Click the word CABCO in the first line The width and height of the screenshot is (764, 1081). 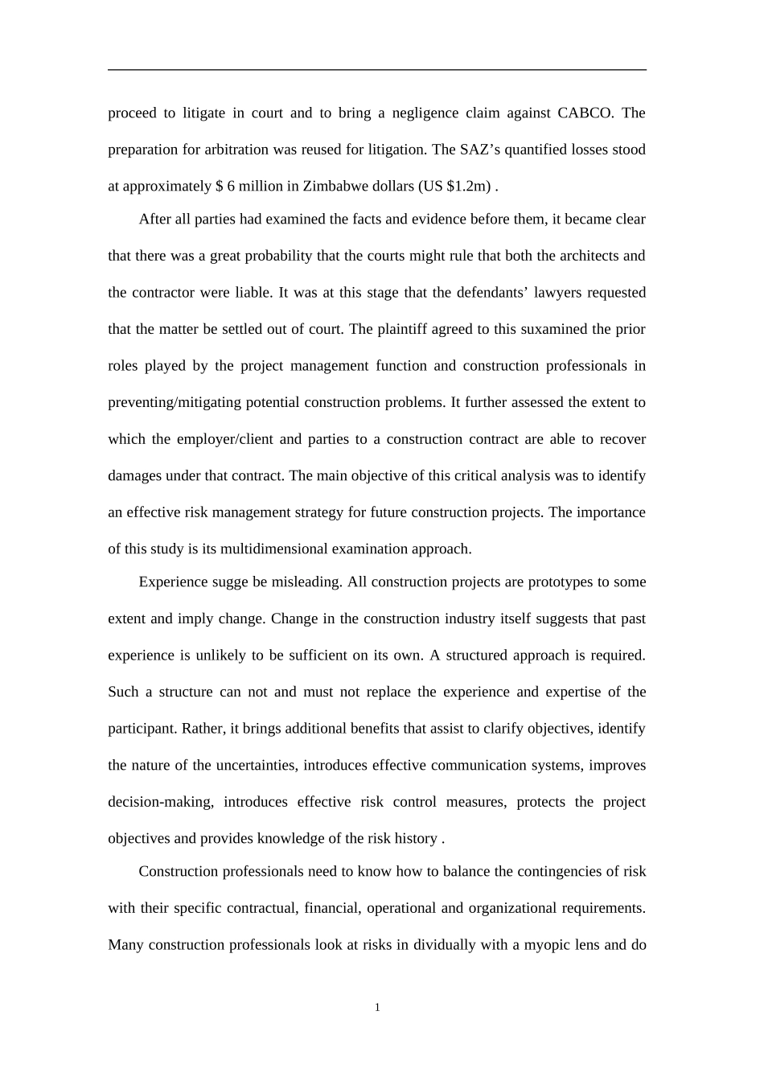[585, 113]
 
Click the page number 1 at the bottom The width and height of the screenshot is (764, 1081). [377, 1008]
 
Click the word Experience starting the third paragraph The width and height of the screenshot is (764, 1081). [174, 582]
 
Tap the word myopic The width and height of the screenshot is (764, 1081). [545, 944]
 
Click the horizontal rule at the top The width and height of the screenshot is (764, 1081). [377, 70]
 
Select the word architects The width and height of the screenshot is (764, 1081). [586, 256]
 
